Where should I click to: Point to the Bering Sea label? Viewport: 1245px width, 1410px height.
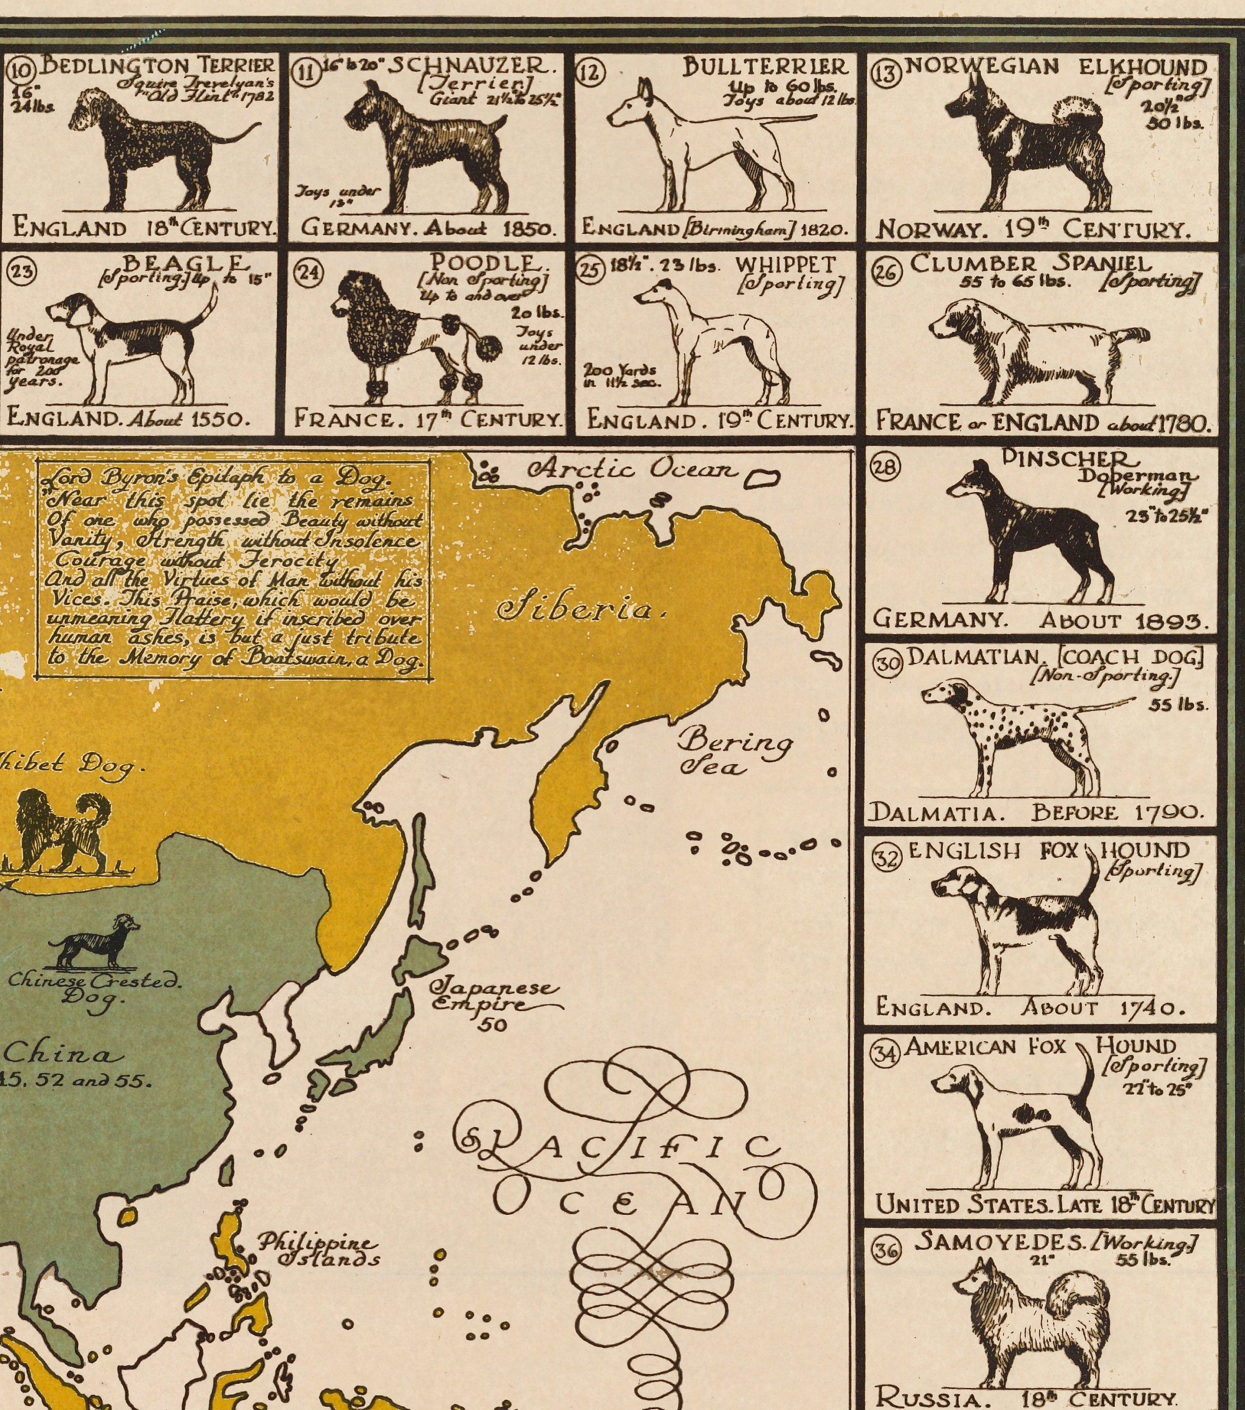tap(734, 753)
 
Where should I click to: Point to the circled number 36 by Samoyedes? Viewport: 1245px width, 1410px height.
tap(886, 1250)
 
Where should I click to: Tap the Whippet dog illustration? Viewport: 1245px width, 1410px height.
tap(711, 338)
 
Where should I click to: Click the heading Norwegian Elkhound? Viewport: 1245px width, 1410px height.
tap(1055, 66)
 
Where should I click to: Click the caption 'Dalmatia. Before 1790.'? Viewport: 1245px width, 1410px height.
tap(1034, 813)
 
